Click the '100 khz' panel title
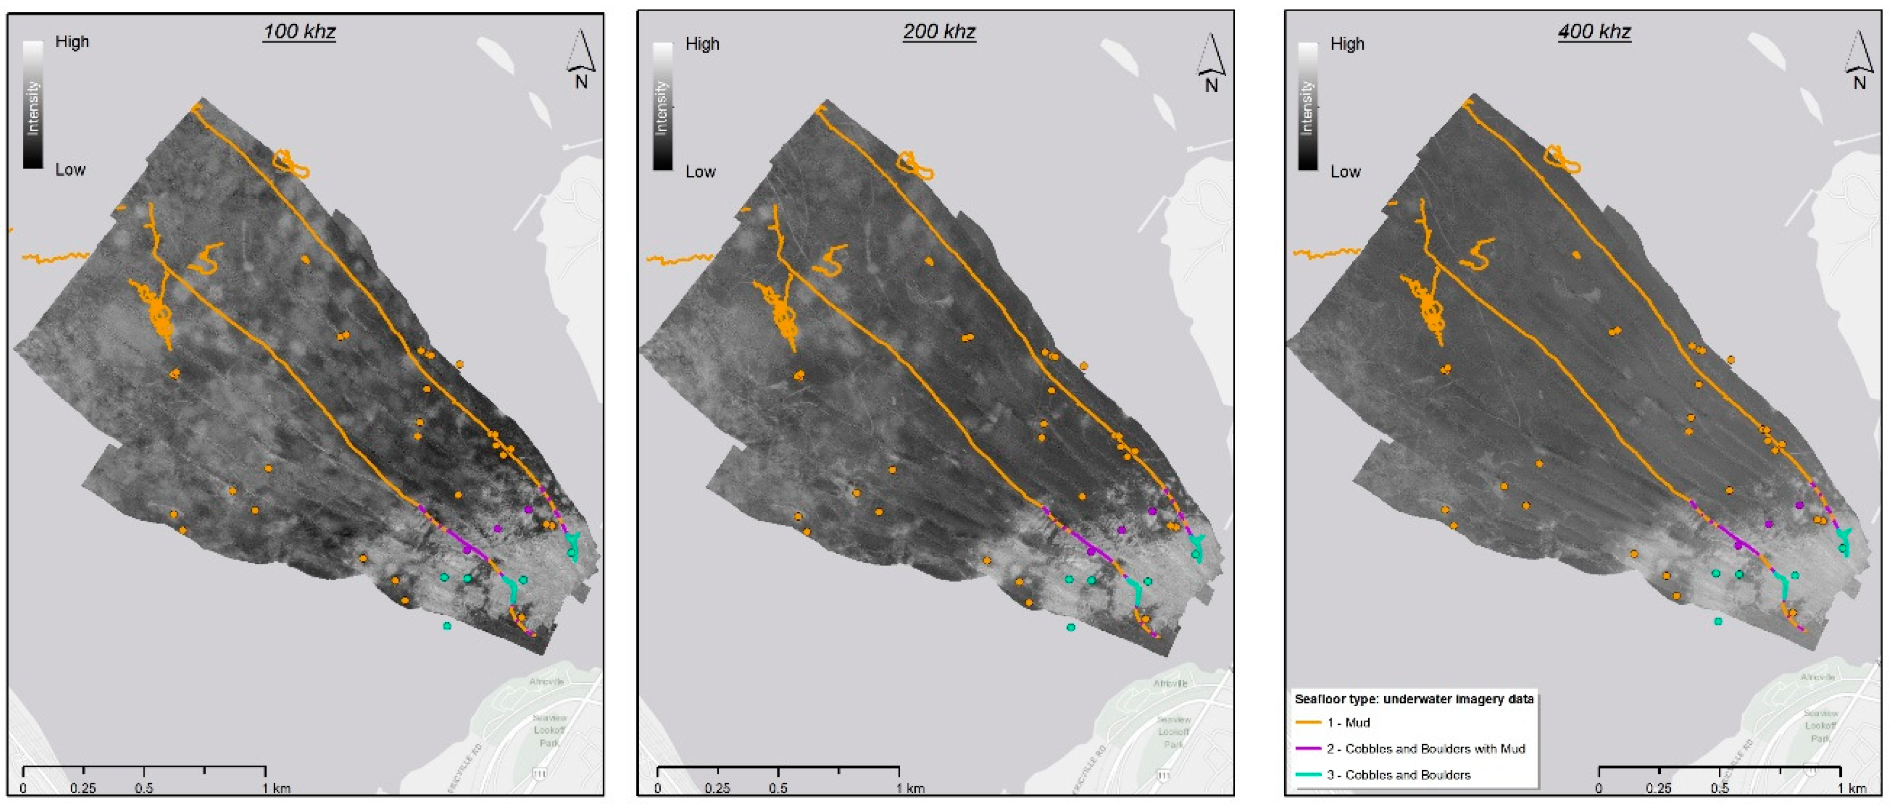click(299, 31)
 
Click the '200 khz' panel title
click(939, 31)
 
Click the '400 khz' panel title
click(1594, 31)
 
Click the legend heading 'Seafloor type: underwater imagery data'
click(1414, 699)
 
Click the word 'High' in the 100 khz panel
click(72, 42)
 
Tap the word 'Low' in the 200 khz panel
click(700, 172)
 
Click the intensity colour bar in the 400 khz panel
click(1308, 106)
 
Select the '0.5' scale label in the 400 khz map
click(1719, 788)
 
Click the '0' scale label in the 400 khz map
click(1599, 788)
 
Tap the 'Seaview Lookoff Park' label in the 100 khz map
click(549, 730)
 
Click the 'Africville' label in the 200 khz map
click(1170, 683)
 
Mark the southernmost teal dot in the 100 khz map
click(446, 626)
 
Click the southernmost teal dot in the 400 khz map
click(1718, 621)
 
